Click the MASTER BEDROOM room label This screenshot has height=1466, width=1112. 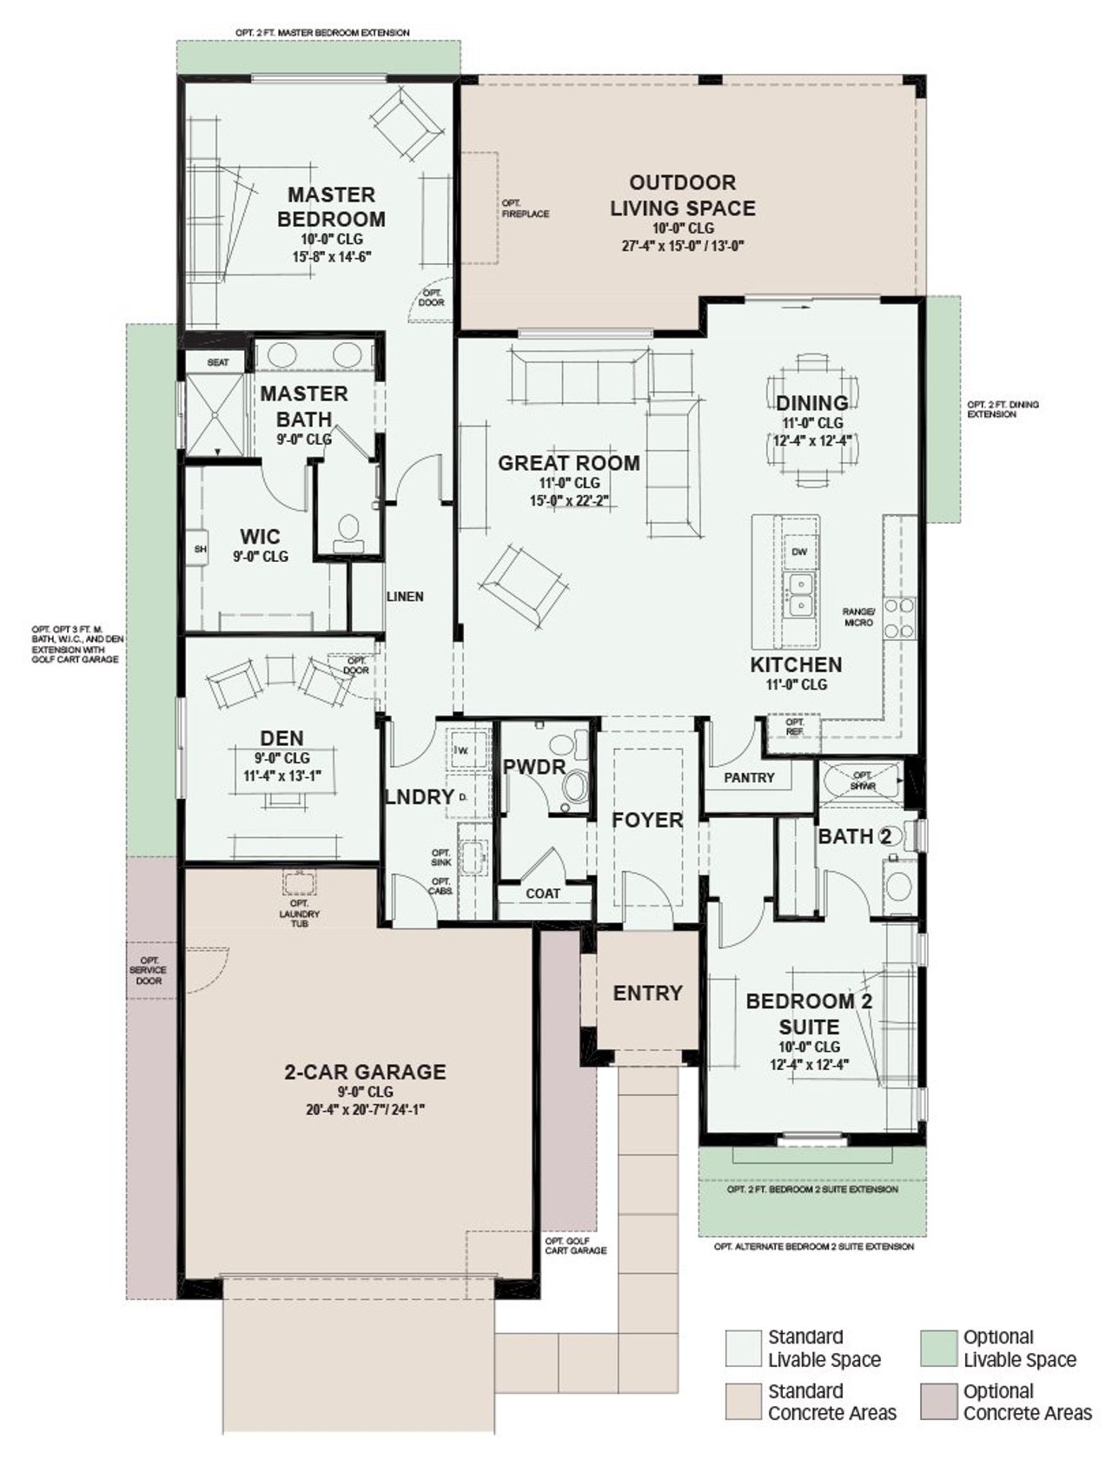(331, 207)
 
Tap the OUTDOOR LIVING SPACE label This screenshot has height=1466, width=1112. (682, 195)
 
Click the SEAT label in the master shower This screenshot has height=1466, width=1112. (218, 362)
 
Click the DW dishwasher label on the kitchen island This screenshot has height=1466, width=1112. (800, 551)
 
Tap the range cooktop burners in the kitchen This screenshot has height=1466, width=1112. (900, 617)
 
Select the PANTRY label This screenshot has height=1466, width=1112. (749, 777)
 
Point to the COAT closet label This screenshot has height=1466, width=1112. (543, 893)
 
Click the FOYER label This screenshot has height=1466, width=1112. (647, 820)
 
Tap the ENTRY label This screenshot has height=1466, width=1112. (647, 993)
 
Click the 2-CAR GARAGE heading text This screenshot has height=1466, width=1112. (365, 1072)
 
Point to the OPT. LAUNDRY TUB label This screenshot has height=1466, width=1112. (300, 914)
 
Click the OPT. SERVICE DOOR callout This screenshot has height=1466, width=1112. (149, 970)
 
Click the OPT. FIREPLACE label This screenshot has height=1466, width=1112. (525, 208)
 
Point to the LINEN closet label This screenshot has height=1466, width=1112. (405, 597)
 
